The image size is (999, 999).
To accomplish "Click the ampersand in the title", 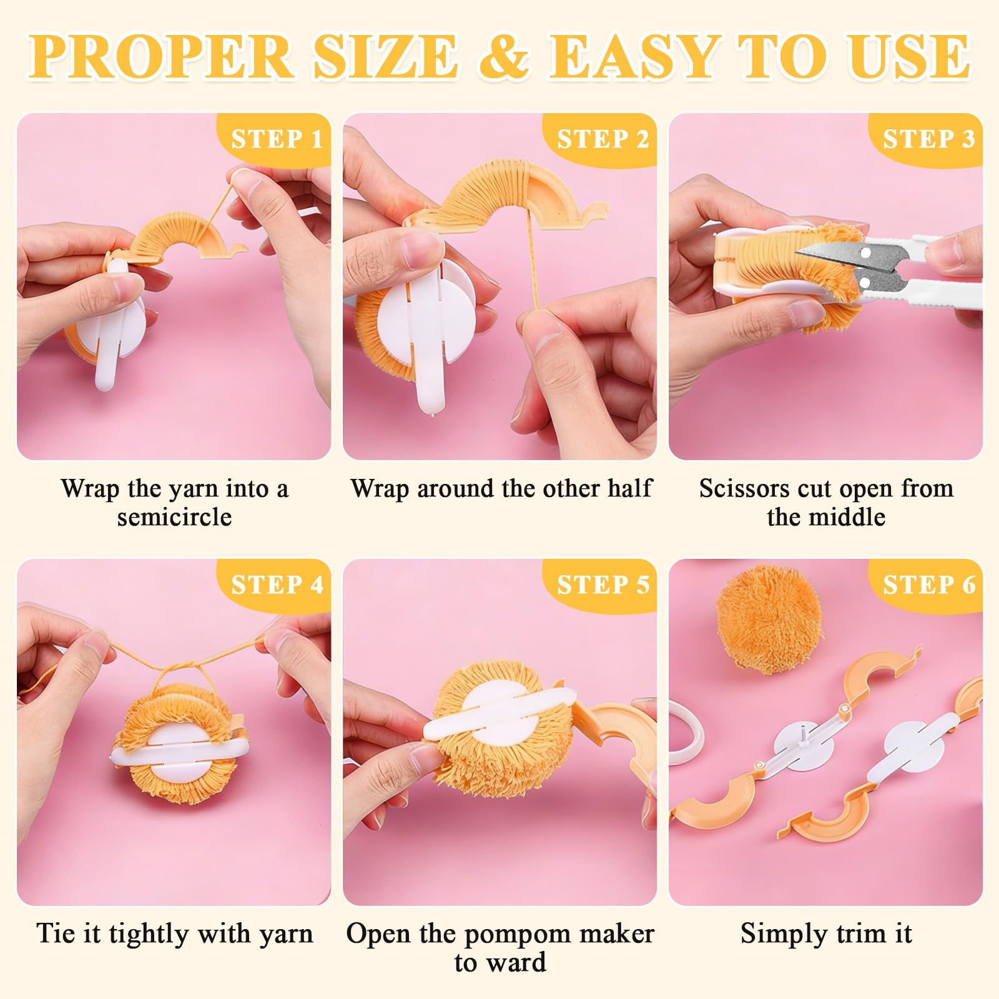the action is point(504,57).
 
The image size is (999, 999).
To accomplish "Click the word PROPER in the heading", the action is point(162,57).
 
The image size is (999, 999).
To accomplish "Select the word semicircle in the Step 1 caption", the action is point(174,517).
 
